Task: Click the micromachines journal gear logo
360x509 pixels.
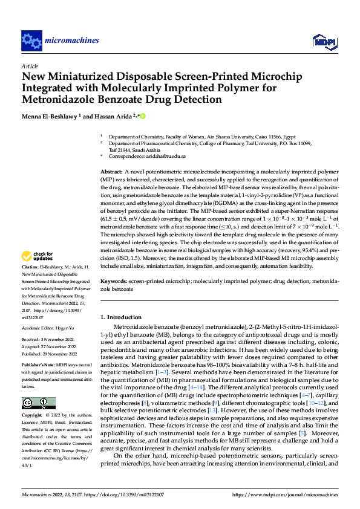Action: coord(31,41)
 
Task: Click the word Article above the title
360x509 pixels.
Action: coord(30,66)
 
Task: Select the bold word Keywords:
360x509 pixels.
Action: coord(114,282)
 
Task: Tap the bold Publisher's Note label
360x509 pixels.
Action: coord(38,366)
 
